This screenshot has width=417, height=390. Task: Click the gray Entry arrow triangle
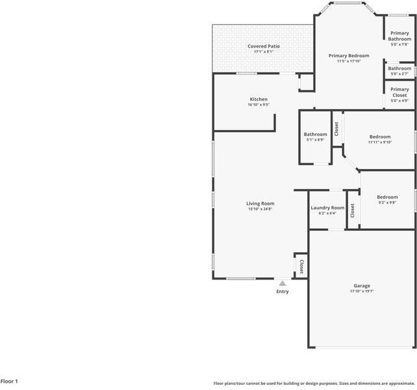[283, 283]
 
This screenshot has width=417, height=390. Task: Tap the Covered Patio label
[264, 46]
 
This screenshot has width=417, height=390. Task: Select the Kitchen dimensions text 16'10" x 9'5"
[259, 105]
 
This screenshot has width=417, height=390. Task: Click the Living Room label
[260, 203]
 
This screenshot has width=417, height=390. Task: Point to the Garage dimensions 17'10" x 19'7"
[362, 291]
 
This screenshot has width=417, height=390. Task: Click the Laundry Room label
[327, 207]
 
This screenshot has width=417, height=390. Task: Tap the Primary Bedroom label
[349, 56]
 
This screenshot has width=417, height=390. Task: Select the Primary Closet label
[399, 92]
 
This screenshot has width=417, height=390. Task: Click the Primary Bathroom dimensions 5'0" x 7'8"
[399, 44]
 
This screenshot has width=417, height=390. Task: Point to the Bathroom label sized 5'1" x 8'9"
[316, 134]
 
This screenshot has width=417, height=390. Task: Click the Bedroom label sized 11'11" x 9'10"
[380, 137]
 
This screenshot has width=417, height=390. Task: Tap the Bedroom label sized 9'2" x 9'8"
[387, 197]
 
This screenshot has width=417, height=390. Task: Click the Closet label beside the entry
[301, 266]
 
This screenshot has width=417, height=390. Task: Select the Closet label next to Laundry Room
[353, 211]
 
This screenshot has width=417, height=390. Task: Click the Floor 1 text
[9, 381]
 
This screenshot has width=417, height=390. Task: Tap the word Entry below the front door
[283, 291]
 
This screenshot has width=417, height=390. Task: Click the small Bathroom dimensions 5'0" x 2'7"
[399, 73]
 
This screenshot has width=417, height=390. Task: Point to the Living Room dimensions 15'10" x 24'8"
[260, 209]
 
